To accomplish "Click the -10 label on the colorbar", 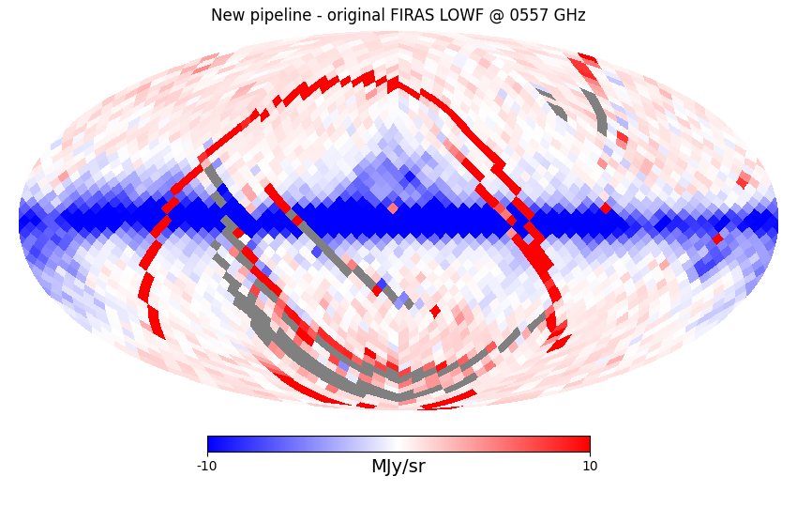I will (x=206, y=467).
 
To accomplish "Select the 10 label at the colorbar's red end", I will (x=590, y=467).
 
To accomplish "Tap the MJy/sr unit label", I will (x=398, y=467).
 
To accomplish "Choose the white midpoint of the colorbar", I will (x=398, y=444).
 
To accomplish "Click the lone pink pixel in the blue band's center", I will (x=393, y=207).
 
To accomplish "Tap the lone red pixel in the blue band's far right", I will (x=717, y=238).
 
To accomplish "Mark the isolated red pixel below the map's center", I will (x=435, y=310).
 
